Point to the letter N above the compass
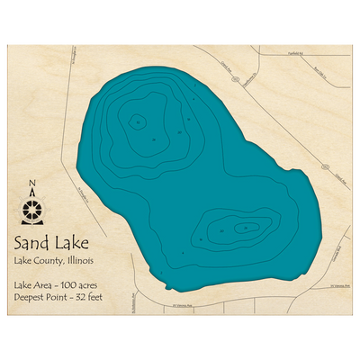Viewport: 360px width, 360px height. (33, 186)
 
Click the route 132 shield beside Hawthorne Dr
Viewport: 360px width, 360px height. (236, 79)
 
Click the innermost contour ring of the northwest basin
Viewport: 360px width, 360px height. (137, 120)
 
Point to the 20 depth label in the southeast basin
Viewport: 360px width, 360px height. (222, 232)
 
